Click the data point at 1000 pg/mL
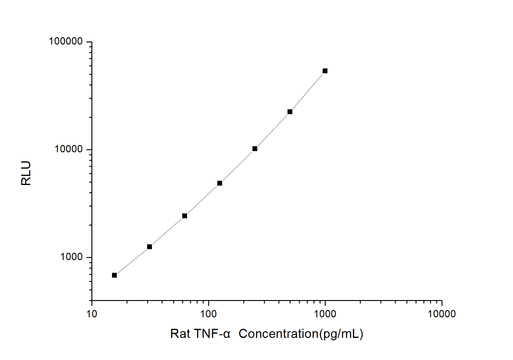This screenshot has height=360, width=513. pyautogui.click(x=325, y=71)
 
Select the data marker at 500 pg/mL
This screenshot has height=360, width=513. pyautogui.click(x=290, y=112)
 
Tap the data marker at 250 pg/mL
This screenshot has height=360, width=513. pyautogui.click(x=255, y=149)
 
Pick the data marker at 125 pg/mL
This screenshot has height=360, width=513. pyautogui.click(x=220, y=183)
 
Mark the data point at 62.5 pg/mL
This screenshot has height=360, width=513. pyautogui.click(x=185, y=216)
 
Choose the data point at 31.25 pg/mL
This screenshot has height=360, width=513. pyautogui.click(x=150, y=247)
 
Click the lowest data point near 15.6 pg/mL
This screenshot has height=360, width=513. pyautogui.click(x=114, y=275)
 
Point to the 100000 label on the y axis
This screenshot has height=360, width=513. pyautogui.click(x=66, y=41)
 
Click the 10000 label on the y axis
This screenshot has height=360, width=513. pyautogui.click(x=69, y=149)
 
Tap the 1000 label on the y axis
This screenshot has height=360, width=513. pyautogui.click(x=71, y=257)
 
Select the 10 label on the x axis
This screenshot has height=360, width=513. pyautogui.click(x=92, y=314)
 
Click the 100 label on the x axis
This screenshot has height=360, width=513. pyautogui.click(x=209, y=314)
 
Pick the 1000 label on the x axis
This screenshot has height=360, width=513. pyautogui.click(x=325, y=314)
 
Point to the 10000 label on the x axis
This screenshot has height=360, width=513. pyautogui.click(x=442, y=314)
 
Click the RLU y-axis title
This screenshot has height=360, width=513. pyautogui.click(x=26, y=173)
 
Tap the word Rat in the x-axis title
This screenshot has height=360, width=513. pyautogui.click(x=180, y=334)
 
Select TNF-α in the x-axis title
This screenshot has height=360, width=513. pyautogui.click(x=212, y=334)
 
